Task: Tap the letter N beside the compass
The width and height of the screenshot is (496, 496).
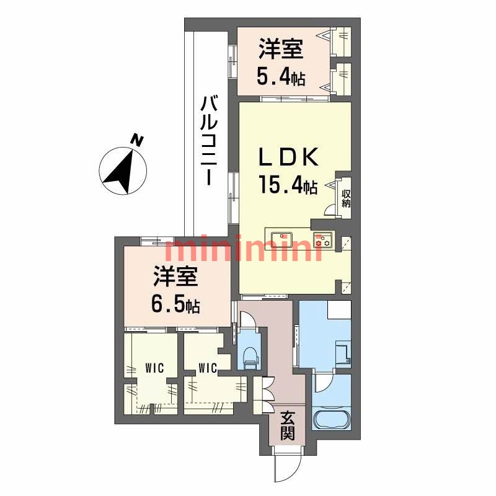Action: (x=138, y=141)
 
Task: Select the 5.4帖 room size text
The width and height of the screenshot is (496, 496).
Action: (x=281, y=77)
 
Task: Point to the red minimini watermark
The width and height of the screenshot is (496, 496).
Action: (x=242, y=249)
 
